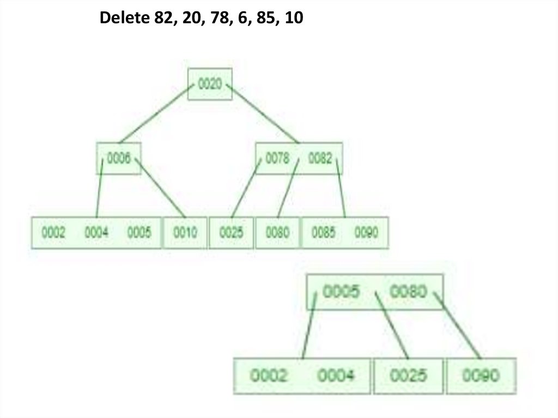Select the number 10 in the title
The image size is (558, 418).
(293, 20)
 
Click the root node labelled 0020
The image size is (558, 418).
(210, 84)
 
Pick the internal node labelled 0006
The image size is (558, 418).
(119, 159)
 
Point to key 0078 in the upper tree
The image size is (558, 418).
(277, 159)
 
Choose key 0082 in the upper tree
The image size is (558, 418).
(320, 159)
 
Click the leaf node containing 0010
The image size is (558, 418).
(185, 233)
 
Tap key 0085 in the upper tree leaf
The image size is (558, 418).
(324, 233)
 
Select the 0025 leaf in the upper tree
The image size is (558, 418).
(232, 233)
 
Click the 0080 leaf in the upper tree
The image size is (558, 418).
(277, 233)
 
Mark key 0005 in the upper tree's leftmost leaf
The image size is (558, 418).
(139, 233)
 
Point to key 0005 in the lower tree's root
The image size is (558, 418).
(341, 292)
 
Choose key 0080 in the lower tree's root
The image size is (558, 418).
(408, 292)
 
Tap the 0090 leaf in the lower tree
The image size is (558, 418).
(481, 375)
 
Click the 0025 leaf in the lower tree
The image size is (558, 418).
(408, 375)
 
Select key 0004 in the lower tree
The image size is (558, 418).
(336, 375)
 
